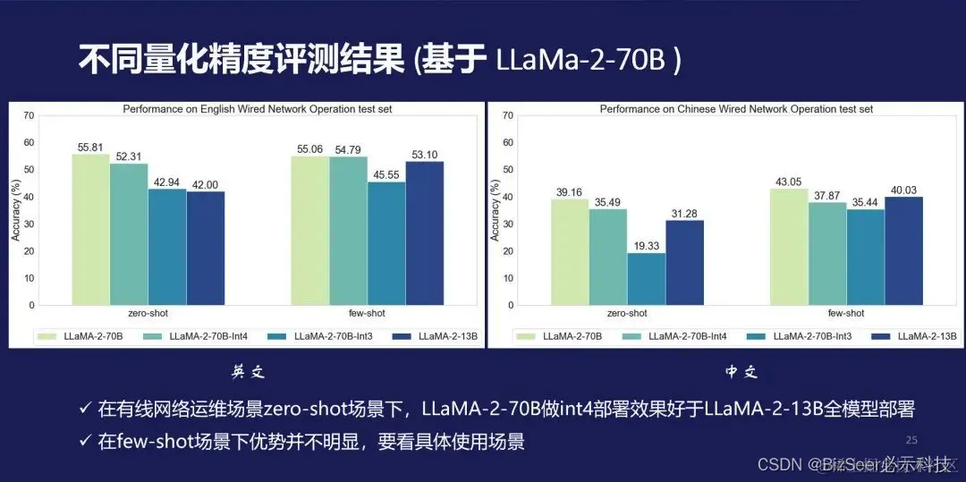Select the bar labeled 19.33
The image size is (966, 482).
click(646, 279)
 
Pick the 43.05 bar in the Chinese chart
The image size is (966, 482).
click(788, 247)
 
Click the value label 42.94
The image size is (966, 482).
click(167, 182)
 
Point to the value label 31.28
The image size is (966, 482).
click(684, 213)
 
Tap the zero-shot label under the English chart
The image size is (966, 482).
click(148, 314)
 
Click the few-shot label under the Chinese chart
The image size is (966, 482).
click(845, 314)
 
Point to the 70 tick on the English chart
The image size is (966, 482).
click(30, 115)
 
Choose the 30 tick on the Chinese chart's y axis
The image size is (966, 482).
click(508, 224)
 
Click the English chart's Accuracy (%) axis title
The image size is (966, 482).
click(15, 211)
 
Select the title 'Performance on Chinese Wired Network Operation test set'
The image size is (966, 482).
click(736, 109)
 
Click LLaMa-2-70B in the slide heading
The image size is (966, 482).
click(587, 61)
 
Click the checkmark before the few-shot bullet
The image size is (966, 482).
click(85, 441)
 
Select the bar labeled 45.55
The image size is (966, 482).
click(386, 243)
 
